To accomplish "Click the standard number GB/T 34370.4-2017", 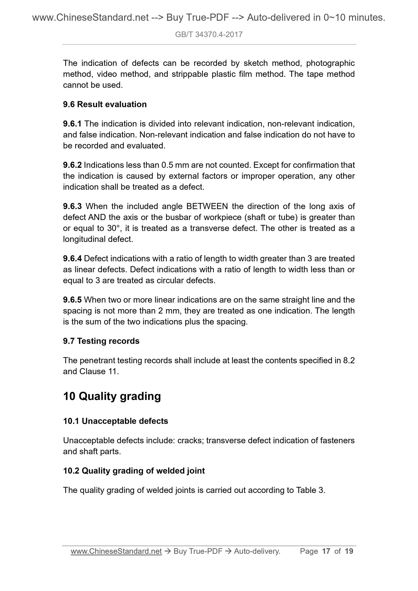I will point(209,35).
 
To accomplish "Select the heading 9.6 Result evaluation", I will point(105,104).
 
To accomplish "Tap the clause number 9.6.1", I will point(72,124).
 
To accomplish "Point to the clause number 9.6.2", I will point(72,165).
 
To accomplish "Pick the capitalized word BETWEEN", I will point(207,206).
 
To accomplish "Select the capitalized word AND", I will point(97,217).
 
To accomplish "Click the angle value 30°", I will point(113,228).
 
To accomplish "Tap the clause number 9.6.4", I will point(72,258).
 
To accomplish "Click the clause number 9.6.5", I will point(72,300).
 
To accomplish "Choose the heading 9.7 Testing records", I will point(101,341).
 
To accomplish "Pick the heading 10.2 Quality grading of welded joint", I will point(134,471).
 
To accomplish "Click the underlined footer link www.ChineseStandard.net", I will point(116,551).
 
